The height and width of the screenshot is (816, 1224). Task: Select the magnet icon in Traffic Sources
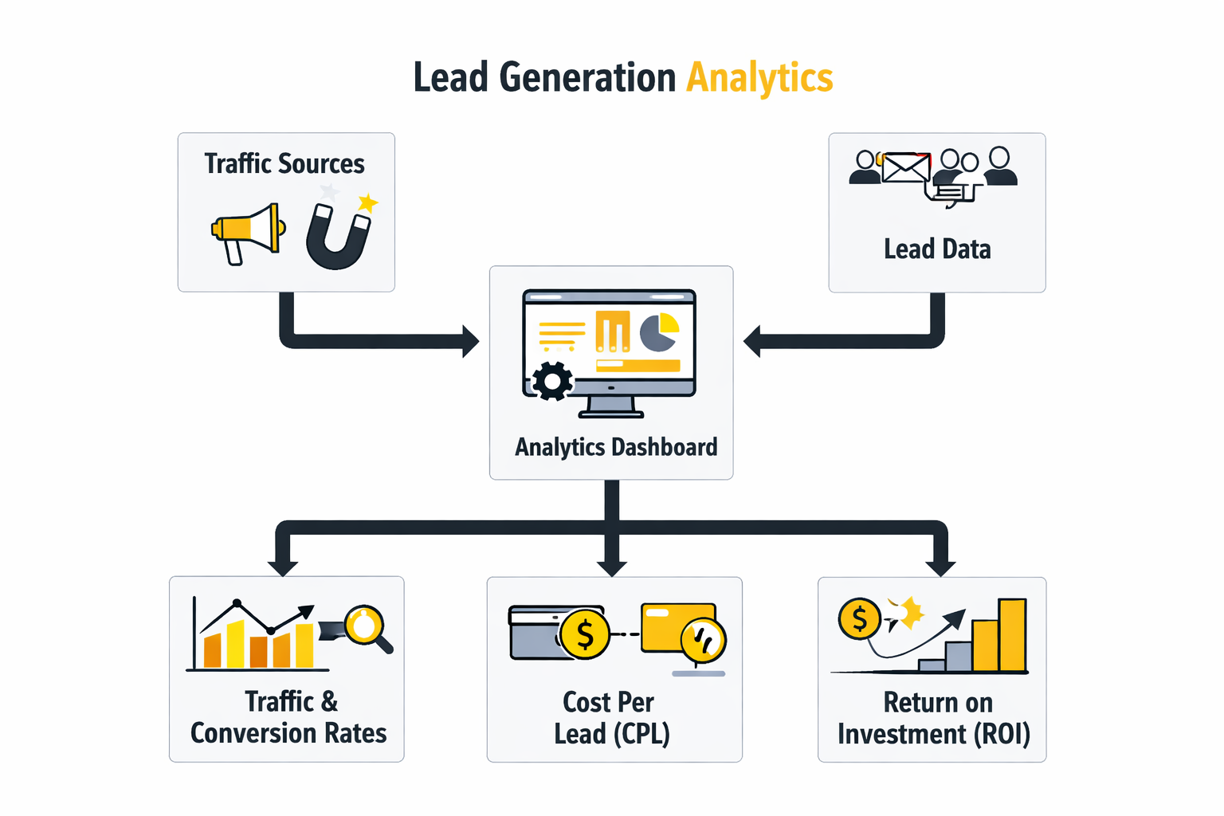click(338, 237)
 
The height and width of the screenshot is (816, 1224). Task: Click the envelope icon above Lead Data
click(906, 168)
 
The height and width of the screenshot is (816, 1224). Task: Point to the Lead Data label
click(937, 249)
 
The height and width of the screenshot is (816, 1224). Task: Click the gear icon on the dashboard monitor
click(552, 381)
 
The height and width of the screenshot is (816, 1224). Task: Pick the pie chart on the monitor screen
click(659, 332)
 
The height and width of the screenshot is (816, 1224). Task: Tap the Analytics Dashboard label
click(615, 447)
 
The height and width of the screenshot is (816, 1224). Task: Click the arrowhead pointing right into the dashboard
click(470, 341)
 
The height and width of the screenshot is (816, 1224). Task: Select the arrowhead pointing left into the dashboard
click(752, 341)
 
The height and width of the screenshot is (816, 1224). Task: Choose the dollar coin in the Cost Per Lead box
click(585, 635)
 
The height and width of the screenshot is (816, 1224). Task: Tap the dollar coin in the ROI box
click(859, 618)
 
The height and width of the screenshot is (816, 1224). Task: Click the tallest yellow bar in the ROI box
click(1012, 635)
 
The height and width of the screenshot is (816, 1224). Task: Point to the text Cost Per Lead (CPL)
click(611, 717)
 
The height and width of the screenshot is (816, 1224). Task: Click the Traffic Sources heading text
click(284, 164)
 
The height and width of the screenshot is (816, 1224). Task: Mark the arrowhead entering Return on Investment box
click(941, 567)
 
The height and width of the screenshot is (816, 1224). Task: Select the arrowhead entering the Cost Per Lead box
click(611, 567)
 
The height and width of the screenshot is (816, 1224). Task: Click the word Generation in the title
click(587, 78)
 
